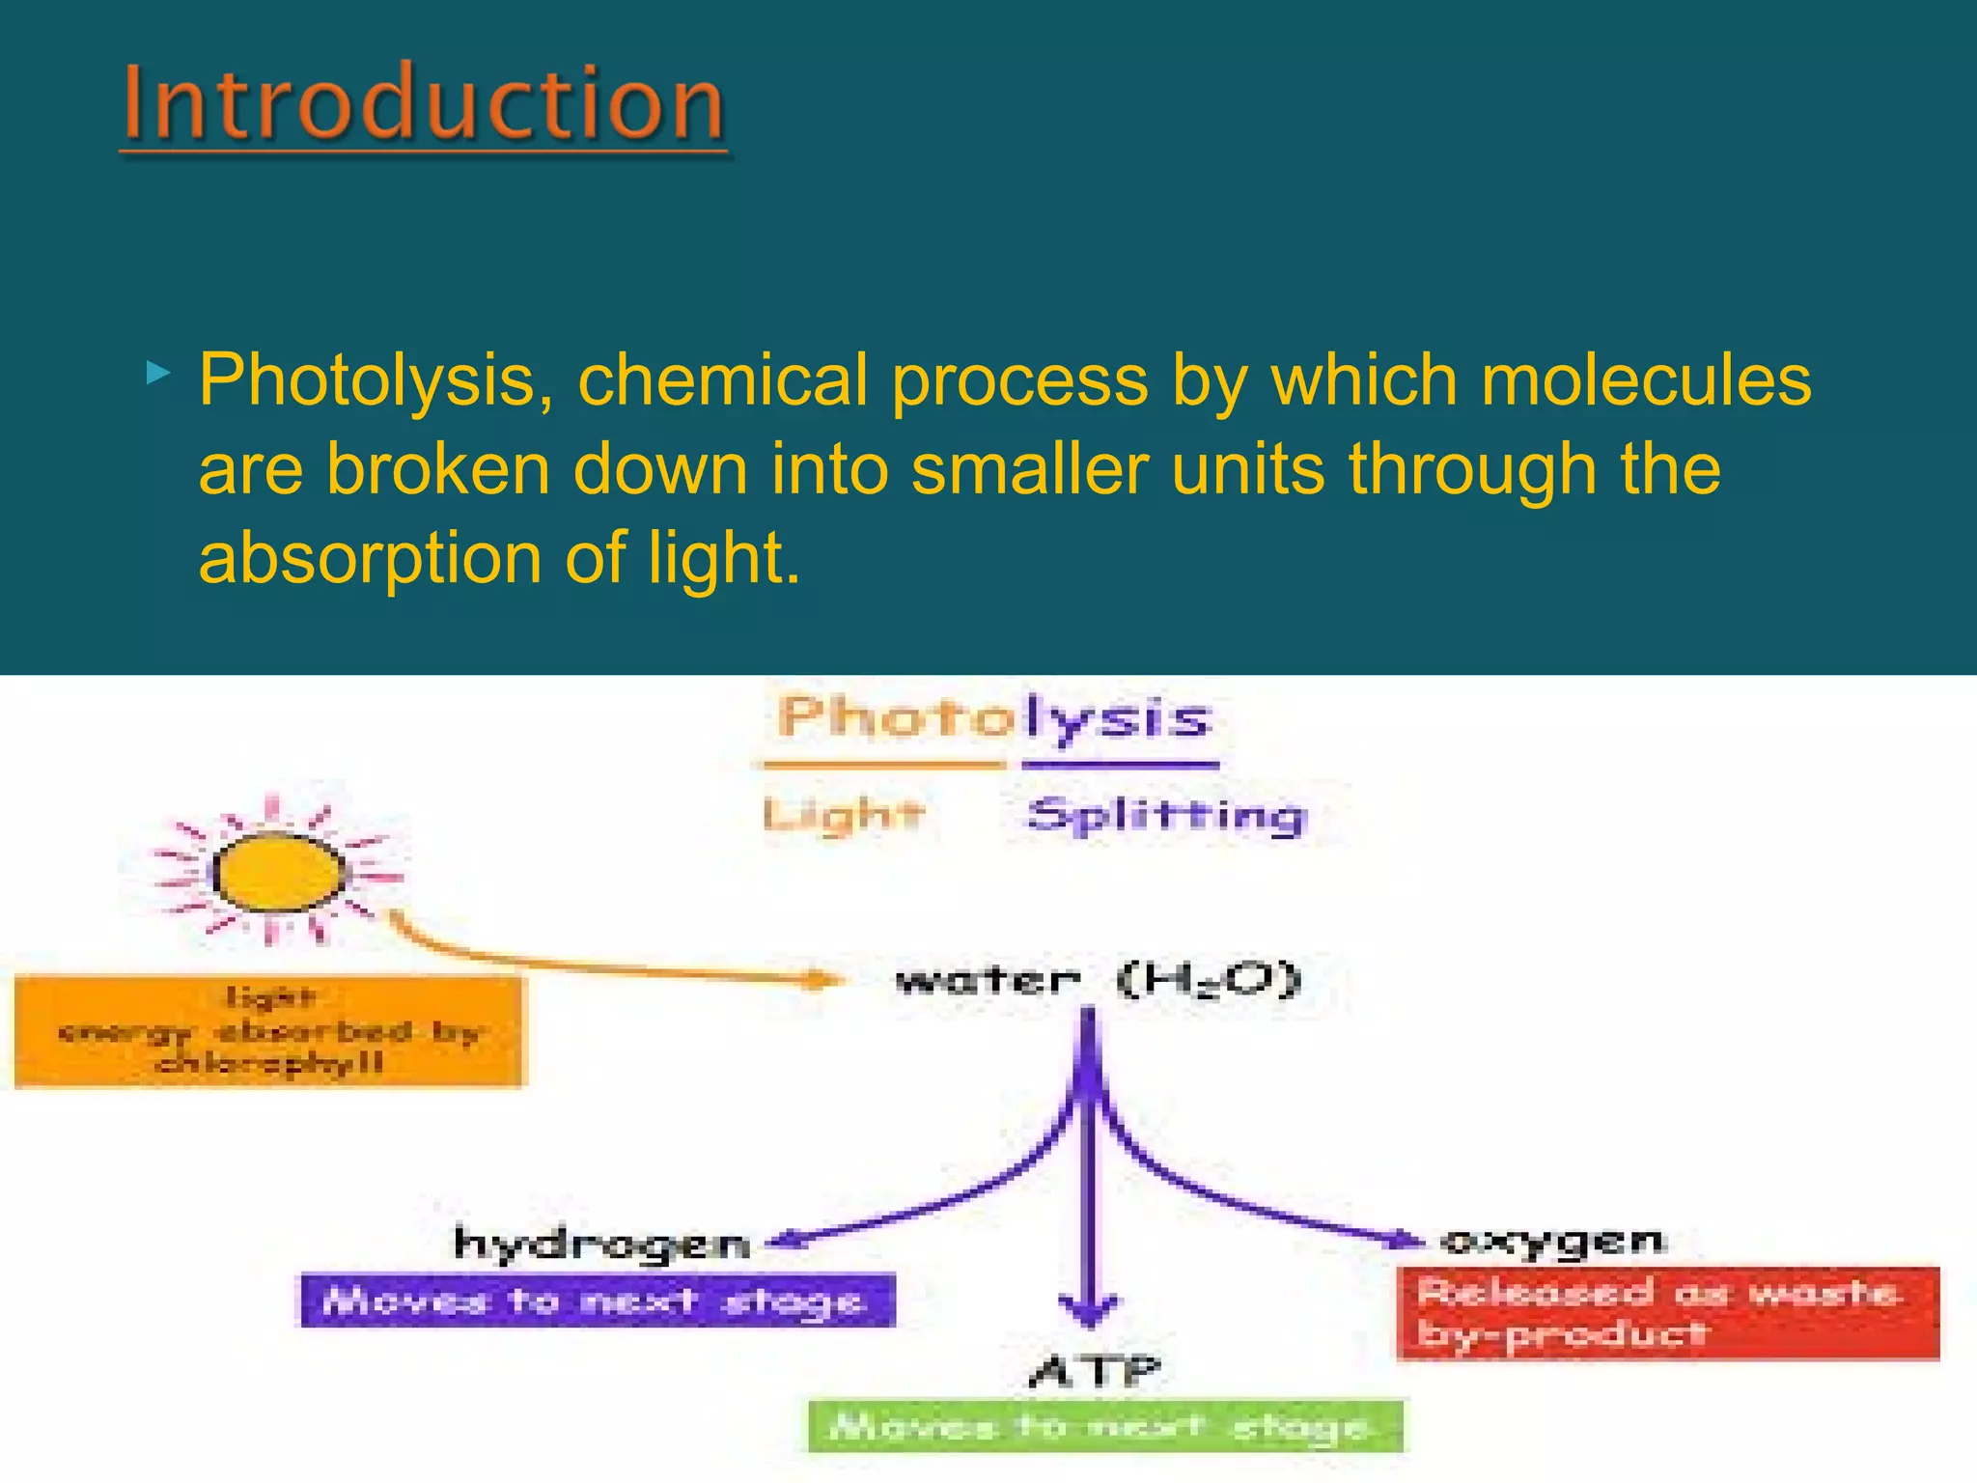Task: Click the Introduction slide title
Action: tap(424, 102)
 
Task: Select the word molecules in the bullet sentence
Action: tap(1646, 380)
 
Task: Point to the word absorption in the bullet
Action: tap(371, 558)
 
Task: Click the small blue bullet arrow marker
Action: tap(158, 373)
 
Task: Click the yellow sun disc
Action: tap(279, 872)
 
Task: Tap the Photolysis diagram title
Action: tap(993, 719)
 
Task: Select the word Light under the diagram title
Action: tap(843, 815)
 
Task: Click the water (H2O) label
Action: tap(1099, 980)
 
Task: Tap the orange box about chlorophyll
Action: tap(269, 1032)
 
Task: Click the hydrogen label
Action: tap(602, 1244)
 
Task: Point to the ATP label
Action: tap(1095, 1370)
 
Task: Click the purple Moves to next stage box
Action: tap(598, 1301)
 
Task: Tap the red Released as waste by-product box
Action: tap(1667, 1313)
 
